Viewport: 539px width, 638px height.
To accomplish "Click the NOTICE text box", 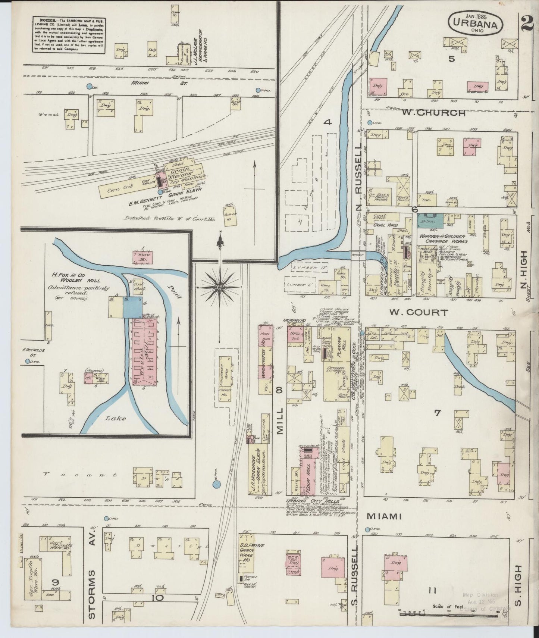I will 68,34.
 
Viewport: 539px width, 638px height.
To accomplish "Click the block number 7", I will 437,413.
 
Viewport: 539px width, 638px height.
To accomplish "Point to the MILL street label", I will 280,420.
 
